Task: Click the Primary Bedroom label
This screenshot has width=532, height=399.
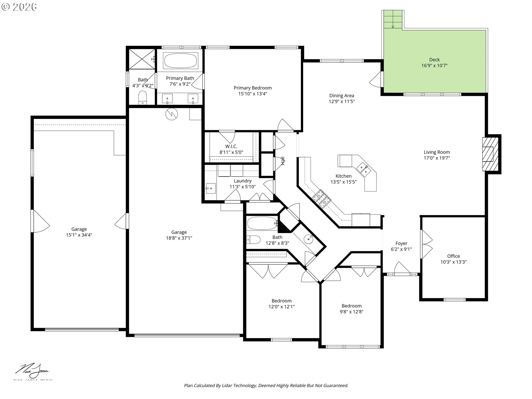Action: (x=252, y=88)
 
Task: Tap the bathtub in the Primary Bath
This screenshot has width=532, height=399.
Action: (x=181, y=61)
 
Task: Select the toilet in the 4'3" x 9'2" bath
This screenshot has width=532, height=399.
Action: (x=142, y=97)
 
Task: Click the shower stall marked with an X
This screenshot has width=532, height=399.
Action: (x=142, y=59)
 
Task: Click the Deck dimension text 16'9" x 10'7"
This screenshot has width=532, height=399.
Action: (x=434, y=66)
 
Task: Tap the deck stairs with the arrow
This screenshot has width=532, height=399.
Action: (x=393, y=20)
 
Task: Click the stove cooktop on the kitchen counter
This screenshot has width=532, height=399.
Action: (x=322, y=199)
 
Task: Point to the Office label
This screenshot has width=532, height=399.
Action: (x=453, y=256)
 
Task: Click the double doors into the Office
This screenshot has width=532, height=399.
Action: (x=426, y=244)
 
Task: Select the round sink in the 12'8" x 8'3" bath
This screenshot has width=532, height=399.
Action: (x=308, y=239)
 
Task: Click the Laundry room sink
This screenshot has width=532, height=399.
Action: (x=211, y=188)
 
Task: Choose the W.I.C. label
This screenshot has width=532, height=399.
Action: (x=231, y=146)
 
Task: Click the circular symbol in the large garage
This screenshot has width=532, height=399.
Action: (x=172, y=114)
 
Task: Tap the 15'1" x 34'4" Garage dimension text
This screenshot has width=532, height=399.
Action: (x=79, y=235)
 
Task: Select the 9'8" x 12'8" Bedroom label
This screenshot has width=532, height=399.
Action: (x=351, y=306)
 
